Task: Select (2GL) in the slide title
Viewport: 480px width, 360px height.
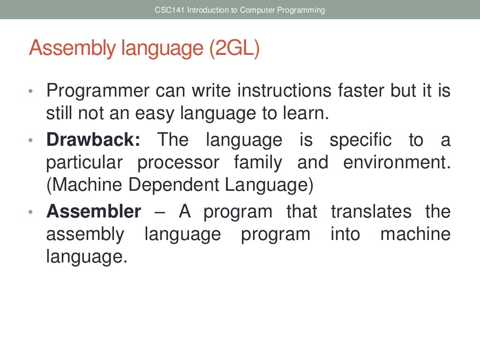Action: point(234,49)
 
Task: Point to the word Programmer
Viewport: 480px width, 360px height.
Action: point(97,90)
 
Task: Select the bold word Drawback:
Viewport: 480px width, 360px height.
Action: point(93,140)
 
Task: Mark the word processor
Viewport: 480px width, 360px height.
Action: point(178,163)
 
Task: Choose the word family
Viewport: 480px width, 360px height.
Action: point(258,163)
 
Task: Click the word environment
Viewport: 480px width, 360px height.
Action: point(397,163)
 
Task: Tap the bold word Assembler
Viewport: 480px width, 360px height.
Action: point(93,212)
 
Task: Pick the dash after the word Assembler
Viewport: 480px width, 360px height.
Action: point(159,212)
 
